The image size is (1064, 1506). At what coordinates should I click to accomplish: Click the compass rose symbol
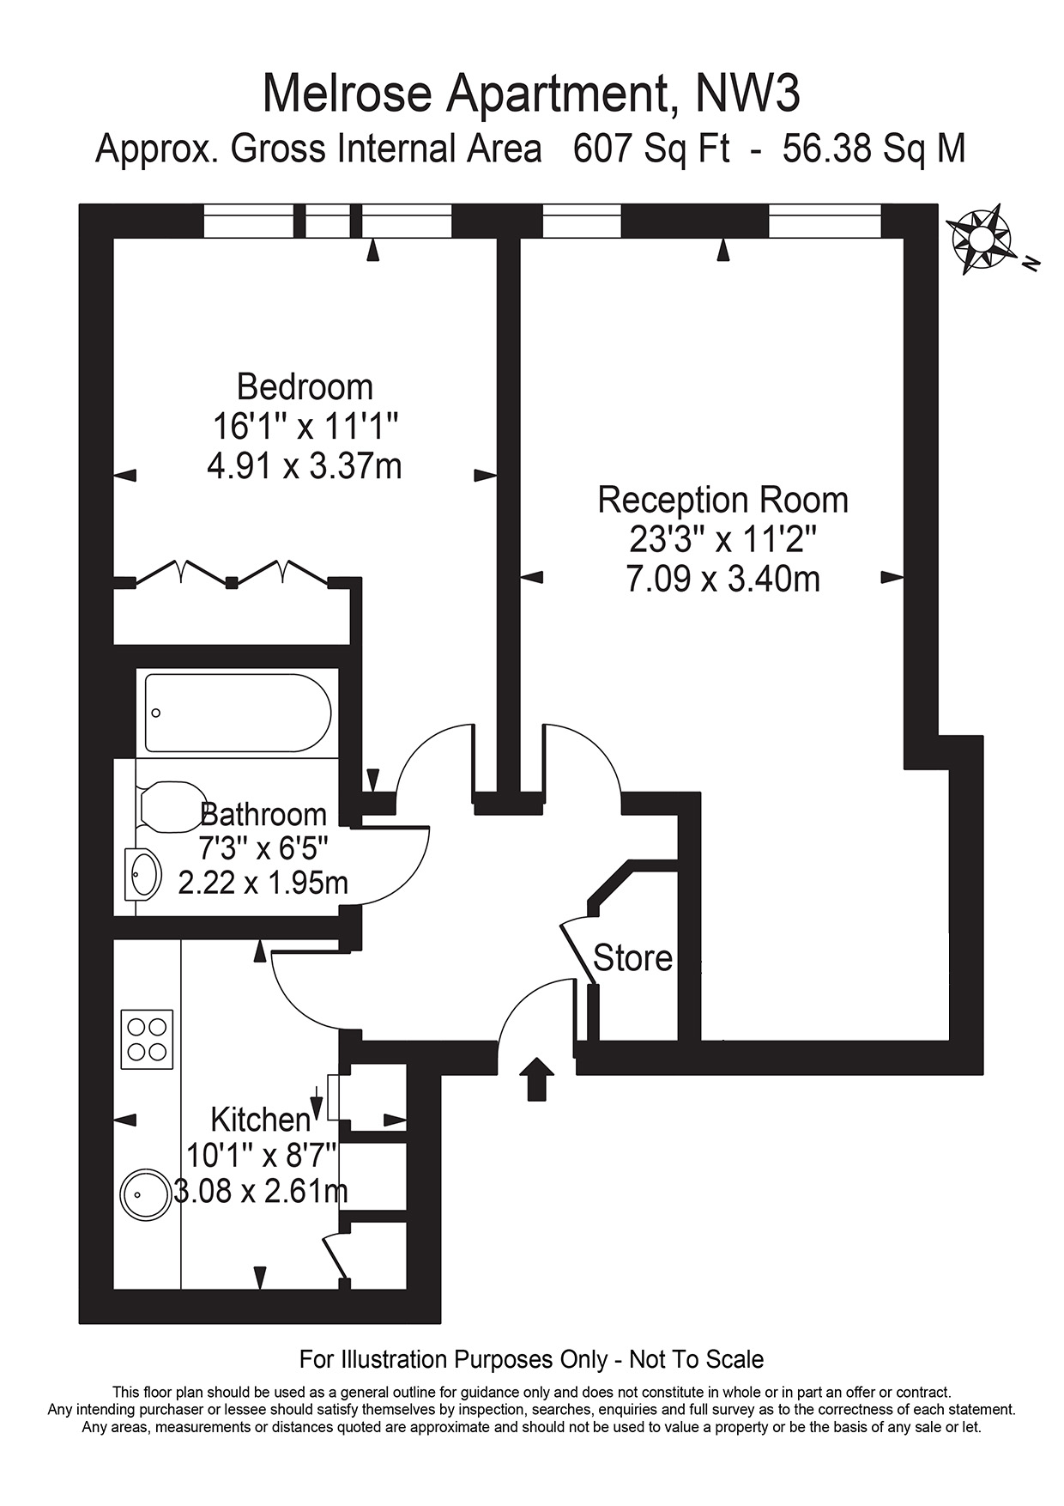point(979,239)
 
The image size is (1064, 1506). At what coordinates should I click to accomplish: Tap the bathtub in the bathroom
point(238,714)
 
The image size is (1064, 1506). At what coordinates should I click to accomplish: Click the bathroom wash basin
point(143,874)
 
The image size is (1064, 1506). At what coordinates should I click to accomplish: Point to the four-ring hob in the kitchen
point(147,1039)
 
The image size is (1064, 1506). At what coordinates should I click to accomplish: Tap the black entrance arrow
point(537,1078)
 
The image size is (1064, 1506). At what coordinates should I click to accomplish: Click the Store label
point(632,958)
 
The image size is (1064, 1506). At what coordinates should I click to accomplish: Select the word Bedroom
point(305,386)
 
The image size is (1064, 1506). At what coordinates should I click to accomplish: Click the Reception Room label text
point(722,500)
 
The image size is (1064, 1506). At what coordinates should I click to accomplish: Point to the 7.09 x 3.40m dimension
point(722,579)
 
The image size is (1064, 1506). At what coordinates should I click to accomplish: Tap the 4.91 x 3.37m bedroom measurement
point(305,466)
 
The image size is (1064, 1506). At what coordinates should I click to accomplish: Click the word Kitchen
point(260,1120)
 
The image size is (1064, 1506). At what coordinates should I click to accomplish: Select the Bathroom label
point(263,814)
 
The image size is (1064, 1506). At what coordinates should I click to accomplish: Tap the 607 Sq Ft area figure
point(651,149)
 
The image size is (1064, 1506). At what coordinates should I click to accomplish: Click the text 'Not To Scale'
point(696,1359)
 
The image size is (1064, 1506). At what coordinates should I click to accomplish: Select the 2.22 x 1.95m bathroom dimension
point(263,882)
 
